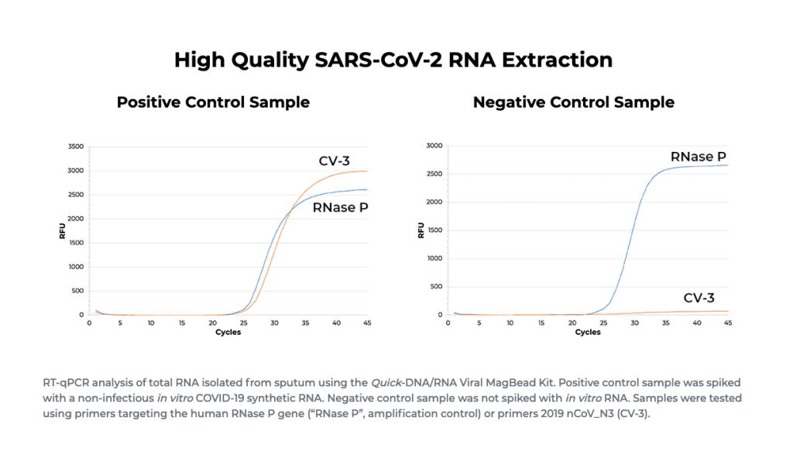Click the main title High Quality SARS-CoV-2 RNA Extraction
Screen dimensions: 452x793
[x=393, y=60]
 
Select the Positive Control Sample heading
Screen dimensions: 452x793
[x=213, y=102]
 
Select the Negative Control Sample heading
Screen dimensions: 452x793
[x=573, y=102]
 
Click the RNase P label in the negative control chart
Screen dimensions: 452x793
[x=697, y=157]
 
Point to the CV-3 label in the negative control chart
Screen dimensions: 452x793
[x=699, y=298]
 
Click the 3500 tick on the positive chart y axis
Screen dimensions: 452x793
[x=75, y=147]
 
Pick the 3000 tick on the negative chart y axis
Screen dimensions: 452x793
[x=434, y=146]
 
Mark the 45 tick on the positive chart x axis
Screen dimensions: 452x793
[x=366, y=323]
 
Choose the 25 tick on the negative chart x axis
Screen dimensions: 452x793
[x=603, y=323]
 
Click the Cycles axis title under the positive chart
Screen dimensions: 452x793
[x=228, y=333]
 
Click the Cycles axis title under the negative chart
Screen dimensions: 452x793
[x=588, y=333]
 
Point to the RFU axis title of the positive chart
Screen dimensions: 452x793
[x=63, y=230]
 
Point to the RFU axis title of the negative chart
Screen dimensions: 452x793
[x=421, y=230]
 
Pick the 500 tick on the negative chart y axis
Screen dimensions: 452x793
[x=436, y=287]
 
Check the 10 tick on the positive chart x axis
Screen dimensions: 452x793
[x=151, y=323]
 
